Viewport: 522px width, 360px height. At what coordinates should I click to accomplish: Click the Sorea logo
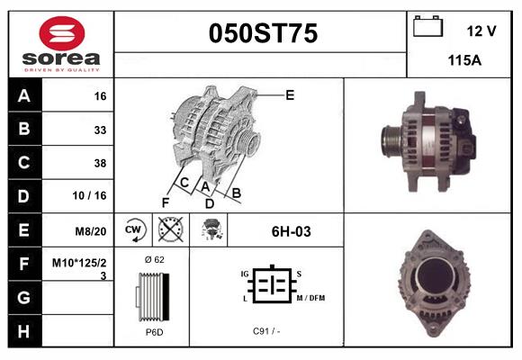click(x=60, y=42)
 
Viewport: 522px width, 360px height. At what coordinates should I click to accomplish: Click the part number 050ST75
click(x=263, y=34)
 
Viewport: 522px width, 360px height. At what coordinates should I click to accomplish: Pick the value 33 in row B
click(x=99, y=130)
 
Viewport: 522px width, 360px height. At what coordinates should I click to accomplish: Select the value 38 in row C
click(x=99, y=163)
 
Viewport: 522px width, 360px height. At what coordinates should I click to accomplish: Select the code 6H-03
click(x=291, y=231)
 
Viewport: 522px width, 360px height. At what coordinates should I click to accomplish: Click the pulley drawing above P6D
click(x=150, y=296)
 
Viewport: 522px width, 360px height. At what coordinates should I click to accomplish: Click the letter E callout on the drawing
click(x=290, y=94)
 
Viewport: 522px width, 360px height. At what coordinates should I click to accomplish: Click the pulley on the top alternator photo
click(x=392, y=139)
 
